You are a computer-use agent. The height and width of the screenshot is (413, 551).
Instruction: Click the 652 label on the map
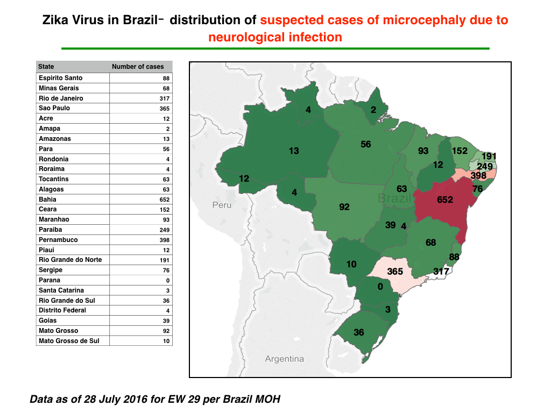445,200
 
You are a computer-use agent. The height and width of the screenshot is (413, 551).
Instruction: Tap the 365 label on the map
395,272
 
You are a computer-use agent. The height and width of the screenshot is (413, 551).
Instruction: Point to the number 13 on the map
294,151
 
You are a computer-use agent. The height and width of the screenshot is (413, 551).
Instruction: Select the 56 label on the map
366,144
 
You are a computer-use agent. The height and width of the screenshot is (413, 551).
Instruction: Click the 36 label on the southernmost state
359,332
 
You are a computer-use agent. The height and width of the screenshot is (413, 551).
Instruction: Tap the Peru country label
222,205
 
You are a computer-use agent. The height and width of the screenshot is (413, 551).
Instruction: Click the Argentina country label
284,359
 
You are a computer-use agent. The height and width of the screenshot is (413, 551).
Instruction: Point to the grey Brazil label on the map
394,198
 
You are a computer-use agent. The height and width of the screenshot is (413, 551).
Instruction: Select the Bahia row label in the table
47,200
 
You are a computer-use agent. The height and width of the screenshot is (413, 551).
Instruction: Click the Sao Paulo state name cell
54,108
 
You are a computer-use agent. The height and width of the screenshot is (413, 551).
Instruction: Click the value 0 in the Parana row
168,281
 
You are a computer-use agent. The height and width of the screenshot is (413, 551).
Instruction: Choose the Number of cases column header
138,67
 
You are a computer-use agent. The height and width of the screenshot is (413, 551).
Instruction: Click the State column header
46,67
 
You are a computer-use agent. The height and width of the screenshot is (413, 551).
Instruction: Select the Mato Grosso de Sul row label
69,341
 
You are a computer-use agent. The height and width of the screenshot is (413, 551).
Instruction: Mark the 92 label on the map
344,207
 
